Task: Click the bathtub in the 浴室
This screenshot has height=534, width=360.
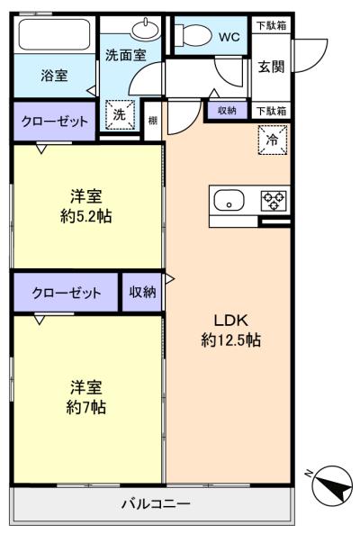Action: (54, 34)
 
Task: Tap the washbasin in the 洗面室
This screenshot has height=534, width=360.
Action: (146, 29)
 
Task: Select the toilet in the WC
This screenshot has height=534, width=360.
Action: (193, 35)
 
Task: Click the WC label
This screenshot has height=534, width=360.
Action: (229, 37)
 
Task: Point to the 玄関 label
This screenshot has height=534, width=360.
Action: (271, 67)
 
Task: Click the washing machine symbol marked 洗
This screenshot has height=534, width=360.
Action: (120, 114)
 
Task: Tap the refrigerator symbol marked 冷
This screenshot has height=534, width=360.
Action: (273, 140)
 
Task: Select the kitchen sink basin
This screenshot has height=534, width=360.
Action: (229, 201)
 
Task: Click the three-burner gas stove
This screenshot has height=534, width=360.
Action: (274, 201)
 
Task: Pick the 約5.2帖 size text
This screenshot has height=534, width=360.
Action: (86, 216)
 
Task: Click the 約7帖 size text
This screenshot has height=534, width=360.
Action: (86, 407)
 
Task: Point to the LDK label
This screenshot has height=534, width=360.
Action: (230, 320)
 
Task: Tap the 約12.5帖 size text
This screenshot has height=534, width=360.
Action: (230, 339)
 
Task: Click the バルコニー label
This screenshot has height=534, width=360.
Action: (157, 503)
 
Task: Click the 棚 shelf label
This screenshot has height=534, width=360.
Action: (153, 121)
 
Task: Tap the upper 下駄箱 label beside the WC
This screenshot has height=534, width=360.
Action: (271, 25)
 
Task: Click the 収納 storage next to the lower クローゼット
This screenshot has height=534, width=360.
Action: (142, 292)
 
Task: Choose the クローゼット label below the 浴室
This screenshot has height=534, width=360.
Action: (54, 122)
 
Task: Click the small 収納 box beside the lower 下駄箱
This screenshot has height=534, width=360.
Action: (228, 111)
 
